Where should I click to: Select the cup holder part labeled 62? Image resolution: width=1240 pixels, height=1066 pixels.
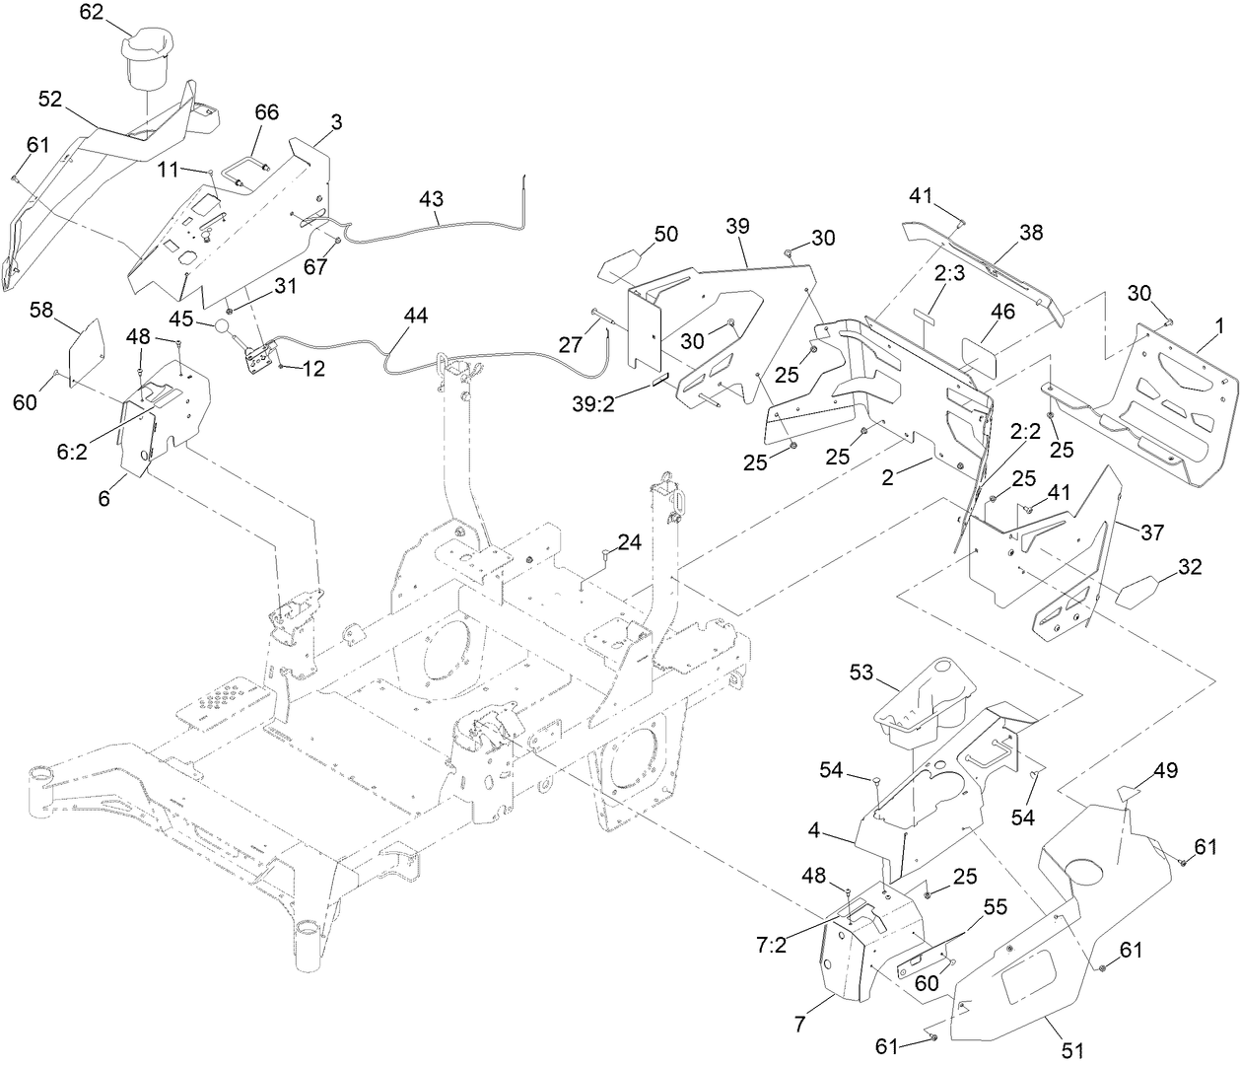[x=146, y=61]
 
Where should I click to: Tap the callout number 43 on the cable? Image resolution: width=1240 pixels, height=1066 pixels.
[x=431, y=198]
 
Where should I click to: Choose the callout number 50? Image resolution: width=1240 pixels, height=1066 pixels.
[x=666, y=234]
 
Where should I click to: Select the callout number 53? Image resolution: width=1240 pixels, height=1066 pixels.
[x=862, y=672]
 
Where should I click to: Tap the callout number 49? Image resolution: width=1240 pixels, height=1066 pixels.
[x=1165, y=770]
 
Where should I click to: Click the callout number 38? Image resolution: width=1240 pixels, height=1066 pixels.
[x=1031, y=233]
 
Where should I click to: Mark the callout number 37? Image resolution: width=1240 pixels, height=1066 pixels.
[x=1151, y=533]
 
